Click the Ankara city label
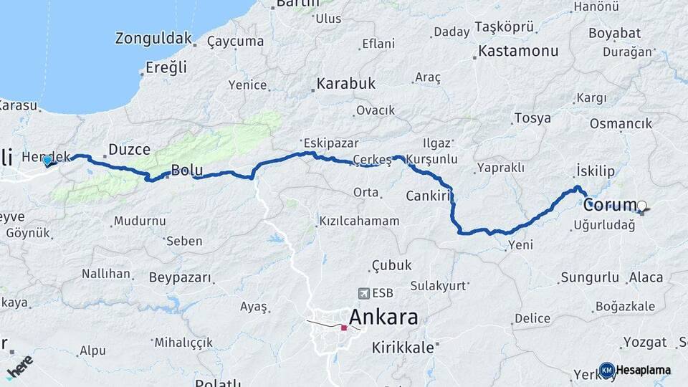pos(383,317)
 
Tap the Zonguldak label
pos(153,39)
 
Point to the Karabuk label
pos(347,84)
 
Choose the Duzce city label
pos(129,150)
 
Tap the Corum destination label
pos(609,205)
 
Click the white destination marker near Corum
pos(641,207)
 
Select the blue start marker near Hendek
pos(48,161)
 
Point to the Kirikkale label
pos(403,348)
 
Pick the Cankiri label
pos(427,196)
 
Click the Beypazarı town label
pos(180,277)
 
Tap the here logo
pos(19,366)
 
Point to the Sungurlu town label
pos(589,277)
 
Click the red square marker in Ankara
pos(344,328)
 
